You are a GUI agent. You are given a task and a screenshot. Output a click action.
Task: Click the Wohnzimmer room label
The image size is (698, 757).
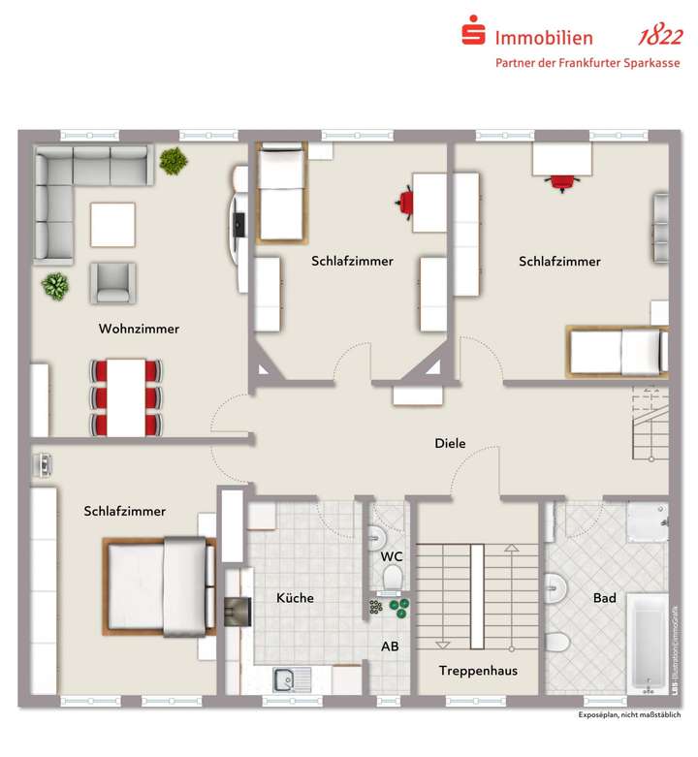click(x=139, y=329)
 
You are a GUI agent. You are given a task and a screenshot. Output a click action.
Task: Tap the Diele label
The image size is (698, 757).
click(x=449, y=444)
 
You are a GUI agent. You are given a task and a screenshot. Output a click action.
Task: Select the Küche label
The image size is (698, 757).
click(x=295, y=598)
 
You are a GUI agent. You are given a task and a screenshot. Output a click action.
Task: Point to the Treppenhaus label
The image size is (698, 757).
click(x=478, y=671)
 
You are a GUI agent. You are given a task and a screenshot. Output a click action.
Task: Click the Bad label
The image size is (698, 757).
click(x=605, y=598)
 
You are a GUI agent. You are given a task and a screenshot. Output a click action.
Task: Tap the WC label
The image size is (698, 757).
click(x=392, y=556)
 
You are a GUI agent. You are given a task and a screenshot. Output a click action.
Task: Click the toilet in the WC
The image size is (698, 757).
click(x=393, y=579)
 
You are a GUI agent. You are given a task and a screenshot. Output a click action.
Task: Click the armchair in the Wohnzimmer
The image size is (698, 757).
click(x=113, y=282)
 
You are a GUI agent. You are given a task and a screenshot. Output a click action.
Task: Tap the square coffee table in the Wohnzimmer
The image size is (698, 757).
click(x=113, y=224)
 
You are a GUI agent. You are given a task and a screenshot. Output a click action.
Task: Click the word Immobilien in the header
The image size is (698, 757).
click(x=544, y=38)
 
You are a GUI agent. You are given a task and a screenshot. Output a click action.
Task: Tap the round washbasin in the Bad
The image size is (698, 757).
click(x=555, y=586)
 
